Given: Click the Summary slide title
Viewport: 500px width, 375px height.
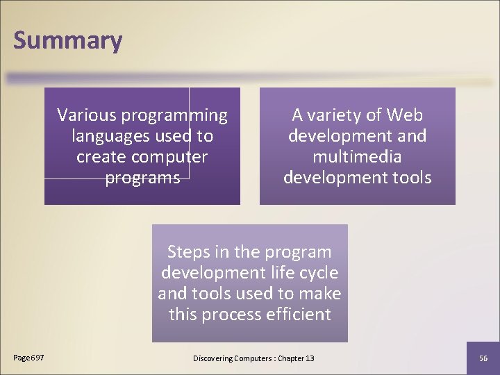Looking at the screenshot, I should point(67,40).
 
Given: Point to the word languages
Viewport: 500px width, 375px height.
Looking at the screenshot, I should point(105,136).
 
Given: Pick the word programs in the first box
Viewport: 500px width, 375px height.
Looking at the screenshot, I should point(142,178).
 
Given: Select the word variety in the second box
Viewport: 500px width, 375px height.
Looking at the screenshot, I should point(344,115).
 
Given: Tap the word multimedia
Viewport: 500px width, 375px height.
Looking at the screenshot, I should point(357,157).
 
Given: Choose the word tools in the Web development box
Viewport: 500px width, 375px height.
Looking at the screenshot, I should point(410,178).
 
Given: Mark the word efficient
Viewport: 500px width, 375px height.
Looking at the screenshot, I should point(300,314).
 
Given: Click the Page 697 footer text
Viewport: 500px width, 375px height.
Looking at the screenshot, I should point(28,358).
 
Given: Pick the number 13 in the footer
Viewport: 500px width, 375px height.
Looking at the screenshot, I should point(309,358).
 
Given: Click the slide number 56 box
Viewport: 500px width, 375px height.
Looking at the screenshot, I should point(483,358).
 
